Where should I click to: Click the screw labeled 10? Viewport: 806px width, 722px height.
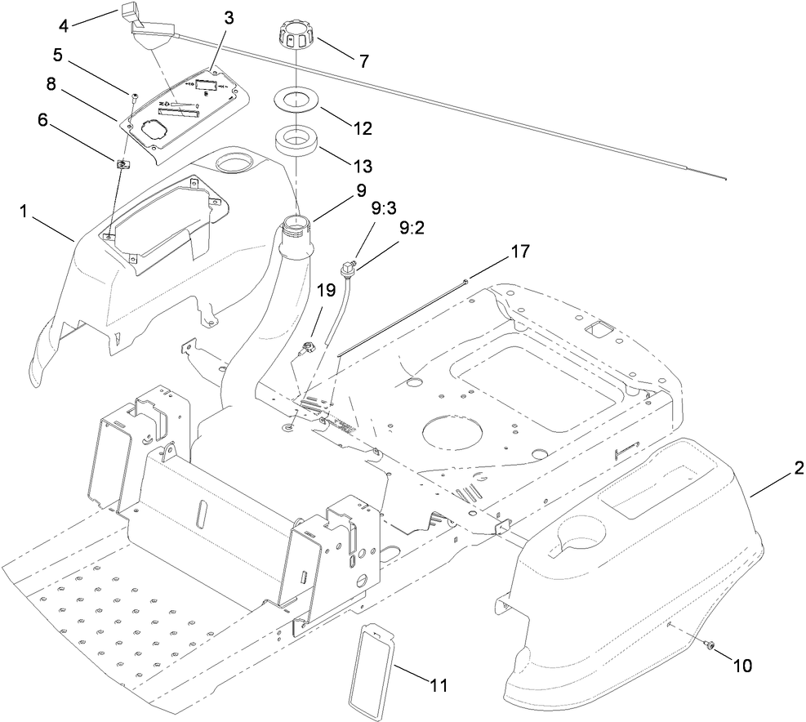[709, 645]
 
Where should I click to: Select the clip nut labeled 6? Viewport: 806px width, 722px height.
[122, 164]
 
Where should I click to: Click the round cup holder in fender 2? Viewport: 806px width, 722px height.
[581, 542]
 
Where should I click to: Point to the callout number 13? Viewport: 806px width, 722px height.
[361, 165]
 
